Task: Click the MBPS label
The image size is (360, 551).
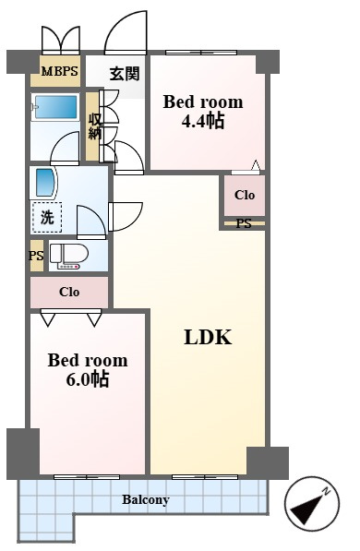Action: pos(59,71)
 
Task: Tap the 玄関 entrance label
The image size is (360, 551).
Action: pos(125,74)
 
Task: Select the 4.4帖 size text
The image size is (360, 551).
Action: pos(203,121)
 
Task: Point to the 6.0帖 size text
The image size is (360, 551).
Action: pos(88,379)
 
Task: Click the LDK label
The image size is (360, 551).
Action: pos(208,338)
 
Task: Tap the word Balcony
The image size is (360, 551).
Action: pos(146,499)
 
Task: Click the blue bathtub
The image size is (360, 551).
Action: pos(55,107)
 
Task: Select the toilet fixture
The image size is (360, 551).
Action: pos(69,257)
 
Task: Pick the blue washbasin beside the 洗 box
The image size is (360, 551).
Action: pos(45,183)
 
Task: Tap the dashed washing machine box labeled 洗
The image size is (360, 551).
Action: pos(47,218)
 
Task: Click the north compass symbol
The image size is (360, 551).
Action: pos(311,504)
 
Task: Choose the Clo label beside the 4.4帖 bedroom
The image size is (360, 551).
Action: pos(245,195)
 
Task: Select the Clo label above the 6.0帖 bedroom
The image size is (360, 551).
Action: pos(69,292)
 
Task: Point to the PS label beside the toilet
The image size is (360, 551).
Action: pos(36,256)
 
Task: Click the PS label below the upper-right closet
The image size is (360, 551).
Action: pos(244,223)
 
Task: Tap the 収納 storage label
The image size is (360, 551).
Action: pos(94,126)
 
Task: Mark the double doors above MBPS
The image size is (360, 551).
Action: pos(61,40)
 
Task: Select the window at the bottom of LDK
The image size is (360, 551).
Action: pos(205,477)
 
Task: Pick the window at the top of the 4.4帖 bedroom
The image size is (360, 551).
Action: pos(201,53)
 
